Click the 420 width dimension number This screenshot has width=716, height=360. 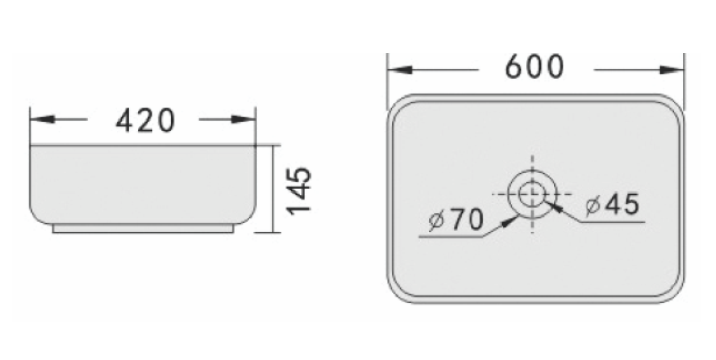145,121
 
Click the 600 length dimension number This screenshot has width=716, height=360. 535,67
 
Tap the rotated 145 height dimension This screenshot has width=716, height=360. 299,190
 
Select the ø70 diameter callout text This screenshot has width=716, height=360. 456,220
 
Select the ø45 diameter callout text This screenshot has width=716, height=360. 612,205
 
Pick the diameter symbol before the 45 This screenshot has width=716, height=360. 592,206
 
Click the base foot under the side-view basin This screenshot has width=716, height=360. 143,229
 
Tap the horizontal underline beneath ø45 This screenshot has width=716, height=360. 613,222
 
